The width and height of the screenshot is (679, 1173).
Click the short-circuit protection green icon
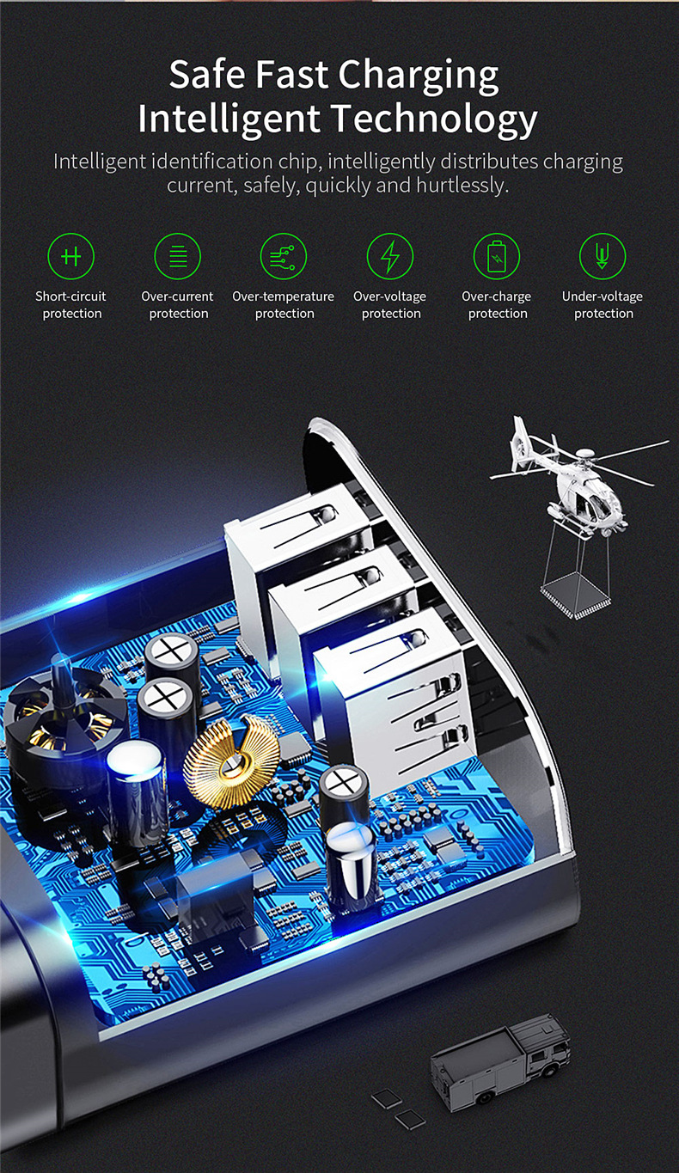(70, 256)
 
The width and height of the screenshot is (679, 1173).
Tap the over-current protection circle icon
(178, 256)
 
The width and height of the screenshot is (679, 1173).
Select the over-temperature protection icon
(284, 256)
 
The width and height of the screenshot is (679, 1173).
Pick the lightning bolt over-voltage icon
(390, 256)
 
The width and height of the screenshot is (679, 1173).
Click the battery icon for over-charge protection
(497, 256)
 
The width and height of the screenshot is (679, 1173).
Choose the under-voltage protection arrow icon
(603, 256)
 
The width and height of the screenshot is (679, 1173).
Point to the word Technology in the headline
(435, 120)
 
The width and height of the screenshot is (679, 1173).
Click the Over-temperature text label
(283, 296)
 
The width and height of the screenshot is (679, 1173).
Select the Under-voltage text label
(603, 296)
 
